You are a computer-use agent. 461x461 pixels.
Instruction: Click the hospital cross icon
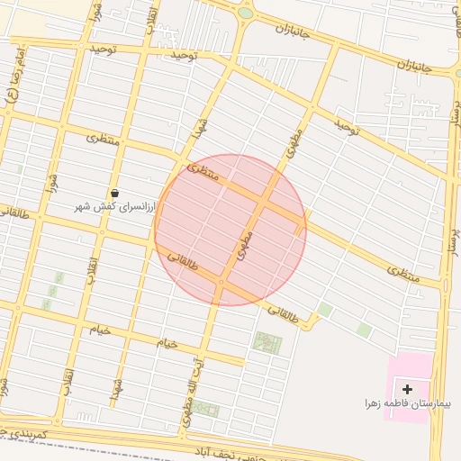408,389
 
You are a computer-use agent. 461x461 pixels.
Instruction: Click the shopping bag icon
114,194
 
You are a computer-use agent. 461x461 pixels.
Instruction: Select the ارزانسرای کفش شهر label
114,206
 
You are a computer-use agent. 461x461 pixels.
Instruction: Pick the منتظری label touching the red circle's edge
202,170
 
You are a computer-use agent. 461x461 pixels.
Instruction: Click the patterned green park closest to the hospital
267,342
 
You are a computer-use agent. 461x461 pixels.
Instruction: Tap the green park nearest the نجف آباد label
206,409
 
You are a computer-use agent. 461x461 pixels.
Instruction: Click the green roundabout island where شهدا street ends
245,14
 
